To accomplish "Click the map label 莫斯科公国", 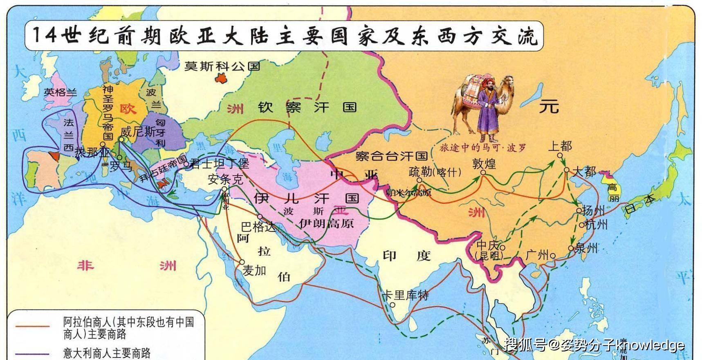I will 222,66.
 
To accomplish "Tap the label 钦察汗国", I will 307,108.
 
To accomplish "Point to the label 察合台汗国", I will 391,156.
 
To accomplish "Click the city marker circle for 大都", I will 566,170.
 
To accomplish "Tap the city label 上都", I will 560,146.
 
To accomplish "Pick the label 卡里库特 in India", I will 405,295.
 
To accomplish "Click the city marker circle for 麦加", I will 242,262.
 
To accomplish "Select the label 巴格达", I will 258,226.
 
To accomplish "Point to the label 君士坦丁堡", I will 220,164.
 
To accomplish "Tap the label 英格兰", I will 60,92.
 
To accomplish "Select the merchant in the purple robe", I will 487,108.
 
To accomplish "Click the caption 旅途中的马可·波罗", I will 482,148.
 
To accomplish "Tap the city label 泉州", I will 586,248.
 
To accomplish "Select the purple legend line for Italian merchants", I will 32,353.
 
